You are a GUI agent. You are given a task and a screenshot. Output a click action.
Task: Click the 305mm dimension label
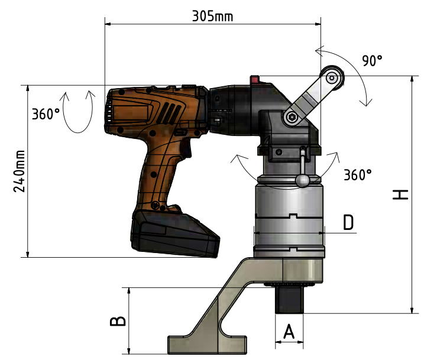(x=212, y=17)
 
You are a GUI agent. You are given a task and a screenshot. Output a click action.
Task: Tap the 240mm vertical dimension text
(x=20, y=171)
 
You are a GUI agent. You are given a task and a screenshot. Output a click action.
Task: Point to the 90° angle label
(x=372, y=60)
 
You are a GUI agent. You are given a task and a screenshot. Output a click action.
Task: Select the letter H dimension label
(x=400, y=194)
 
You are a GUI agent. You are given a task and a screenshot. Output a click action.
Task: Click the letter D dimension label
(x=348, y=222)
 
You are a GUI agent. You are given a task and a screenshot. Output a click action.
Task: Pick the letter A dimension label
(x=289, y=331)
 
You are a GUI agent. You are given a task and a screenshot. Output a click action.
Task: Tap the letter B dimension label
(x=118, y=321)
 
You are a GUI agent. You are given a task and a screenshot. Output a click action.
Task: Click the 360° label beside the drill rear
(x=46, y=114)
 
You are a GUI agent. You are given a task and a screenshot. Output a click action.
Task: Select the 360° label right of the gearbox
(x=358, y=175)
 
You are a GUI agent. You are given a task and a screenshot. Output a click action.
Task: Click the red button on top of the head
(x=254, y=80)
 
